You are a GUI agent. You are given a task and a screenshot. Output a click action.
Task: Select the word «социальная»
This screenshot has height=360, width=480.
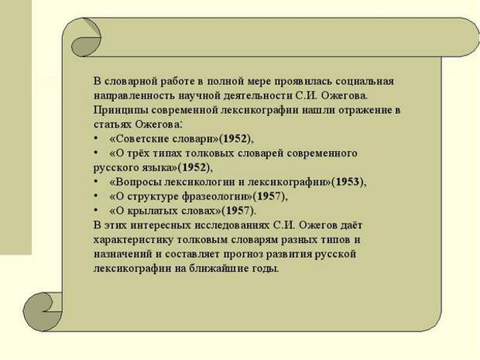(x=365, y=81)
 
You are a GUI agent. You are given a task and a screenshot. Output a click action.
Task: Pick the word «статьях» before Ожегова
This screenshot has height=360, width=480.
(x=112, y=125)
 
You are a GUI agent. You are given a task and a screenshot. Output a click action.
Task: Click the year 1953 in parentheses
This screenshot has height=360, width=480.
(x=347, y=182)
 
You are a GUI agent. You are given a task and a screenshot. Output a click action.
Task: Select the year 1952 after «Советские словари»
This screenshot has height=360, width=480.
(x=235, y=139)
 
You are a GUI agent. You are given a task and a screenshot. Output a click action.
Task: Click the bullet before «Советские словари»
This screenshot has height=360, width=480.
(x=96, y=139)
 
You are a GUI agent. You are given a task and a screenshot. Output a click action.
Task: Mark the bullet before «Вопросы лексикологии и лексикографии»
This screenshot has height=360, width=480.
(x=96, y=181)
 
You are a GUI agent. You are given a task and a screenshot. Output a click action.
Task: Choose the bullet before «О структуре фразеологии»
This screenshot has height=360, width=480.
(x=96, y=196)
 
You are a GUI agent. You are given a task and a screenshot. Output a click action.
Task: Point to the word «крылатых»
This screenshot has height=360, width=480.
(x=153, y=211)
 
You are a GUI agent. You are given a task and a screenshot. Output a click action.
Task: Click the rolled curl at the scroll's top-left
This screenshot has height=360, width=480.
(x=86, y=37)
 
